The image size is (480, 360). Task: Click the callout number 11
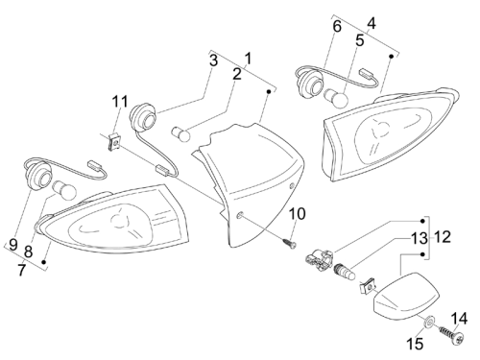(x=120, y=102)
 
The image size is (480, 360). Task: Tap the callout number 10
(x=298, y=214)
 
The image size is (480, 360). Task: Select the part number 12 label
(x=443, y=237)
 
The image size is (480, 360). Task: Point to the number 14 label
(x=460, y=319)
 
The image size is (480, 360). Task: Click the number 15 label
(x=415, y=345)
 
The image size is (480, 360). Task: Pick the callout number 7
(x=21, y=270)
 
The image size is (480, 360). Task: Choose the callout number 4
(x=372, y=23)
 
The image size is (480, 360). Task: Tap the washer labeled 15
(x=429, y=322)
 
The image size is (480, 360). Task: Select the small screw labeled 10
(x=290, y=243)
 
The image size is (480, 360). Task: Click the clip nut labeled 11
(x=114, y=142)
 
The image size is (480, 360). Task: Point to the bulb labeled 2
(x=180, y=133)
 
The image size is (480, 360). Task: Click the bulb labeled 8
(x=64, y=190)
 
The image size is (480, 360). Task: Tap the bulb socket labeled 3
(x=144, y=117)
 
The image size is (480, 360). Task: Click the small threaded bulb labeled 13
(x=345, y=271)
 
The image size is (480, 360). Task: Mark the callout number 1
(x=249, y=59)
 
